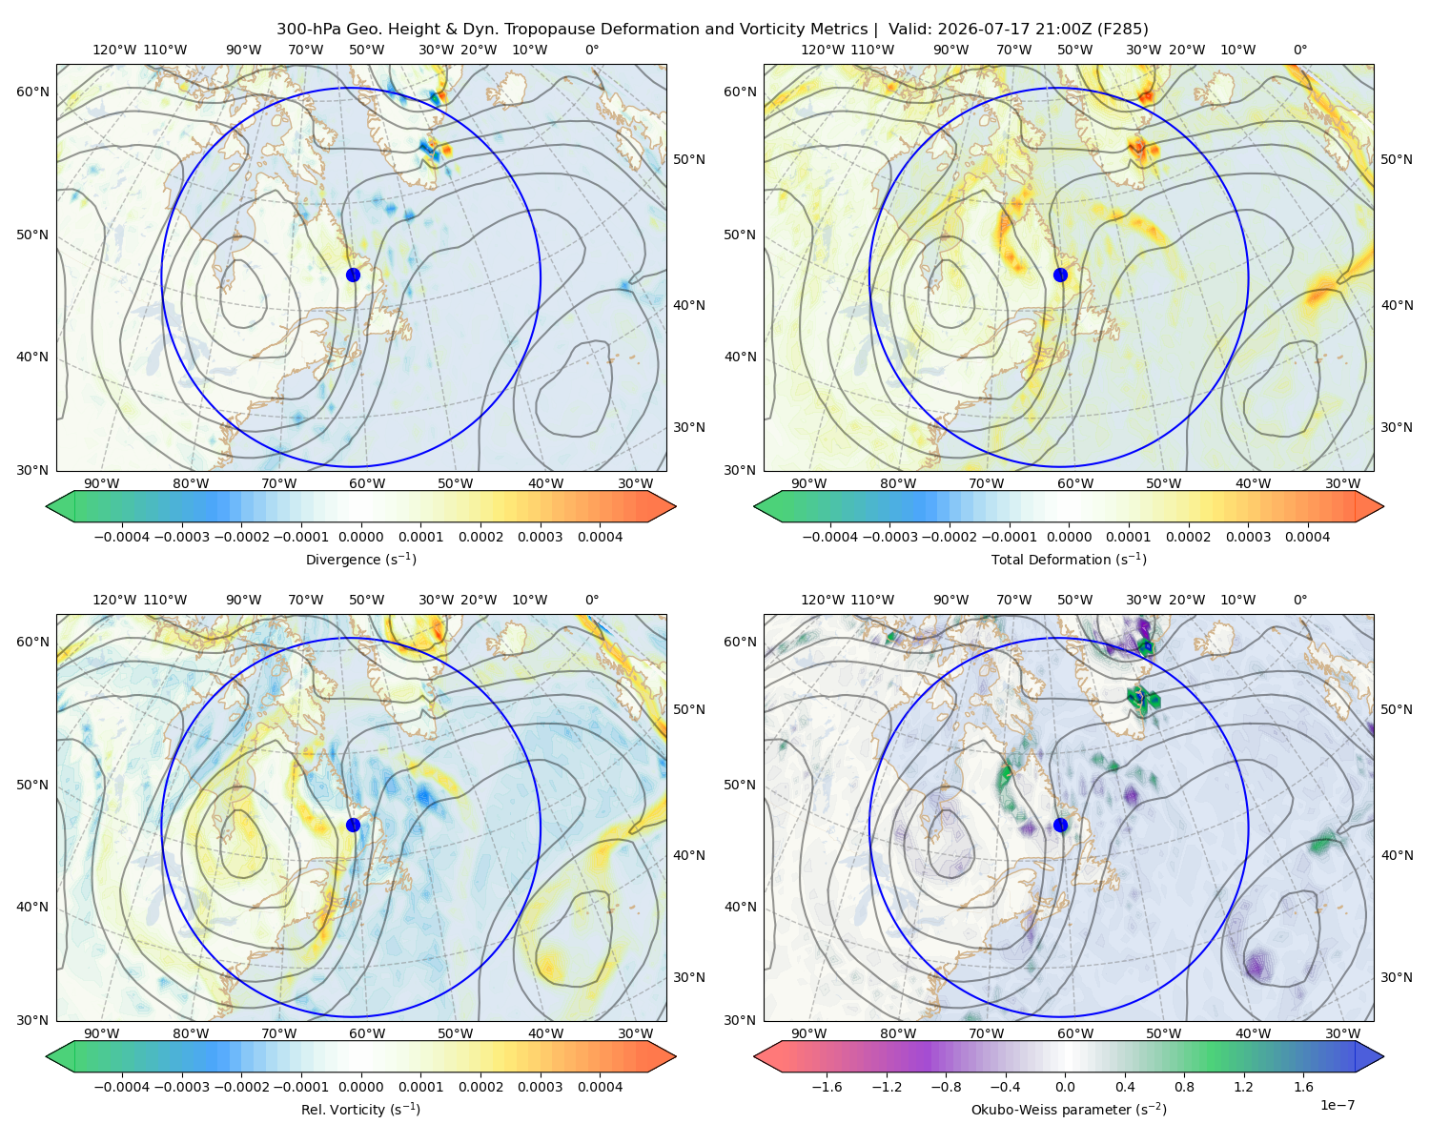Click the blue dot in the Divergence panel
(x=353, y=275)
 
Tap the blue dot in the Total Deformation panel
(x=1060, y=275)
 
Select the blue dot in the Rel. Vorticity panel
(x=353, y=825)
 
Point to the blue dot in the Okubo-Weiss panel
(x=1060, y=825)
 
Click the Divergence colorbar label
(x=360, y=560)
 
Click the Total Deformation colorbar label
(x=1069, y=560)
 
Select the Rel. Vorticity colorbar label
(x=360, y=1110)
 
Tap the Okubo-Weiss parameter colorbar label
(x=1069, y=1110)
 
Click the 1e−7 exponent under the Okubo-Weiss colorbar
(x=1337, y=1105)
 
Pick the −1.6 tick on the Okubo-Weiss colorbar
(x=827, y=1087)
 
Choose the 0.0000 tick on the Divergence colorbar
(x=360, y=537)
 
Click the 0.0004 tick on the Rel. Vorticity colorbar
(x=600, y=1087)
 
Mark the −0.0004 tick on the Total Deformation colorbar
(x=829, y=537)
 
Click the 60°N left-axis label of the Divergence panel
(x=32, y=92)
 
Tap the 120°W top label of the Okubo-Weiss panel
(x=822, y=600)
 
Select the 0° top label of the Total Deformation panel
(x=1299, y=50)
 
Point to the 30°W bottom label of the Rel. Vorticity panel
(x=635, y=1033)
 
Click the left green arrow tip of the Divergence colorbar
(x=47, y=506)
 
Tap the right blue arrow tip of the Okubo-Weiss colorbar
(x=1383, y=1056)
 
